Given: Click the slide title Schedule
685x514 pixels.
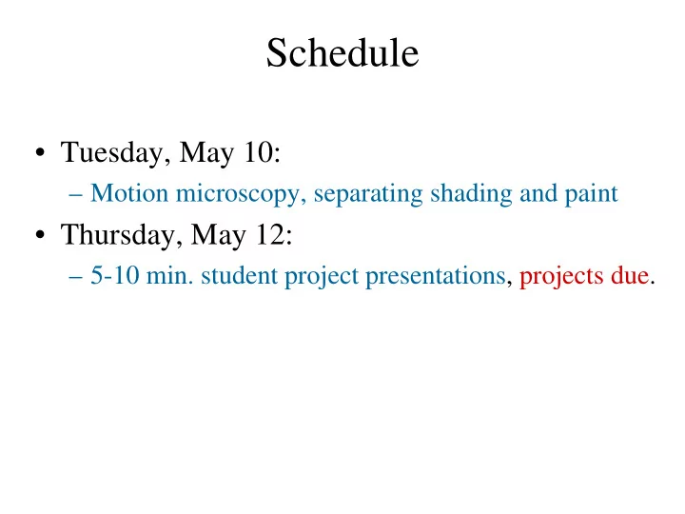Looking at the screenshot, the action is tap(342, 52).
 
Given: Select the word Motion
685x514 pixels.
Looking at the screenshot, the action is tap(129, 192).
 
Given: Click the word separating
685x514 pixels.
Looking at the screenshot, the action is tap(368, 194).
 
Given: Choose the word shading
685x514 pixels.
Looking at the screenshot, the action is tap(471, 194).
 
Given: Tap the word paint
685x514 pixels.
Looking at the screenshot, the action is tap(591, 194).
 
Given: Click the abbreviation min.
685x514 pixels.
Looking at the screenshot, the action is tap(169, 275).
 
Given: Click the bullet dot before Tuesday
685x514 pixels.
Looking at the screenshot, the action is tap(40, 152).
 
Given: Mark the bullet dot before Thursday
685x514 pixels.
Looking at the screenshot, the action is tap(40, 235).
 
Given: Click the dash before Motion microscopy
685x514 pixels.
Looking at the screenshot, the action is tap(75, 195).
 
